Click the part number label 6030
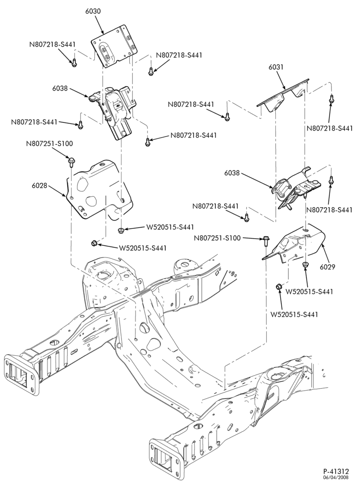pyautogui.click(x=93, y=12)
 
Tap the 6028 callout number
pyautogui.click(x=39, y=186)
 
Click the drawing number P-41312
pyautogui.click(x=336, y=471)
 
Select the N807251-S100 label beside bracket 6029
pyautogui.click(x=217, y=238)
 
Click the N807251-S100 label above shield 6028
pyautogui.click(x=49, y=144)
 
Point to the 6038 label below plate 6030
pyautogui.click(x=60, y=88)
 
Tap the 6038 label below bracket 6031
pyautogui.click(x=232, y=173)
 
